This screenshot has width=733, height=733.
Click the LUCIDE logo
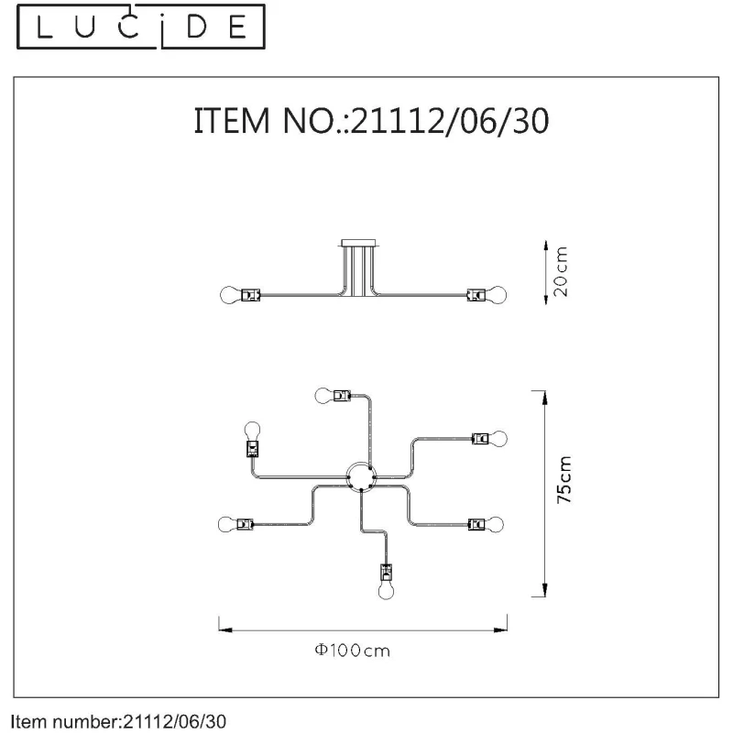pyautogui.click(x=141, y=27)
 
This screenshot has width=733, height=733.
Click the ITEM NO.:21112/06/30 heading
pyautogui.click(x=371, y=121)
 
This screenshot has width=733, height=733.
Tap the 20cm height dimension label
pyautogui.click(x=560, y=271)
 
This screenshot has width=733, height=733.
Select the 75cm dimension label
pyautogui.click(x=564, y=479)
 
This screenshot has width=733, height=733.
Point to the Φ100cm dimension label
pyautogui.click(x=353, y=651)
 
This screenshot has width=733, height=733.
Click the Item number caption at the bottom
pyautogui.click(x=118, y=721)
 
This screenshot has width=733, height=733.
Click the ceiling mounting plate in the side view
pyautogui.click(x=358, y=243)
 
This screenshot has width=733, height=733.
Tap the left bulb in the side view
pyautogui.click(x=232, y=295)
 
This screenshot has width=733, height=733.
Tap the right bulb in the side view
pyautogui.click(x=497, y=295)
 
